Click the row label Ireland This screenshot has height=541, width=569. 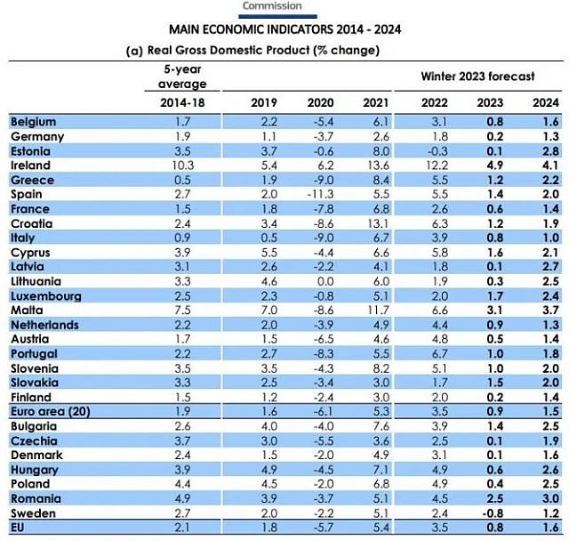coord(30,166)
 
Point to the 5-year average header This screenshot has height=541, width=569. coord(183,76)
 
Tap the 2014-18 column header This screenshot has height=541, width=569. coord(183,102)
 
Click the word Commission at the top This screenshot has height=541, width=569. coord(272,6)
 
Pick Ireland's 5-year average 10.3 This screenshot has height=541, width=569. coord(183,166)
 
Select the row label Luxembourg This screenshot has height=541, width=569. coord(44,295)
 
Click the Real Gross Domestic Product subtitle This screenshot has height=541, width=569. coord(253,50)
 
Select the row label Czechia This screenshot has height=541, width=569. coord(34,440)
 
